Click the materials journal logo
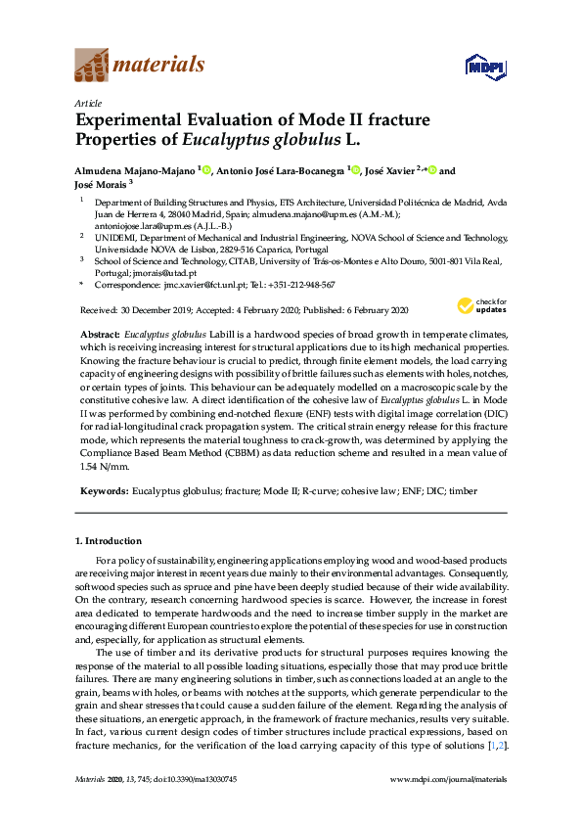click(140, 66)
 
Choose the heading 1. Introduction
click(109, 540)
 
